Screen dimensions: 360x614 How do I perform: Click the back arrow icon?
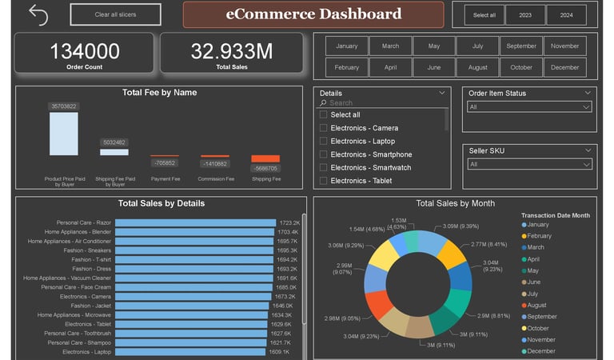click(x=38, y=14)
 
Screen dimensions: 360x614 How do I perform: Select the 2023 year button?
click(x=525, y=14)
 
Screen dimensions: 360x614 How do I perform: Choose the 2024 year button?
click(x=566, y=14)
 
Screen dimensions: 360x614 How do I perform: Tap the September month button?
click(x=521, y=46)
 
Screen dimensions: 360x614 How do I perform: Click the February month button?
click(x=347, y=67)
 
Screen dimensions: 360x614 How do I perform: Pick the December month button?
click(x=565, y=67)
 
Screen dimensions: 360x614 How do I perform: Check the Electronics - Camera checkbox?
click(x=323, y=128)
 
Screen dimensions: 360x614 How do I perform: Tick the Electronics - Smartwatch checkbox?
click(x=323, y=167)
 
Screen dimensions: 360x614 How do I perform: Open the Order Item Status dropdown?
click(x=529, y=106)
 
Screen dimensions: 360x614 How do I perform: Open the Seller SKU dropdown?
click(x=529, y=164)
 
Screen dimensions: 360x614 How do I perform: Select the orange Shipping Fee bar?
click(x=265, y=158)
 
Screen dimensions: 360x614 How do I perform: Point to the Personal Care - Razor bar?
click(x=165, y=222)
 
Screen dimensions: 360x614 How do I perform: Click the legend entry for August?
click(x=540, y=305)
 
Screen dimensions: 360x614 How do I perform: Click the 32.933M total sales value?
click(x=232, y=52)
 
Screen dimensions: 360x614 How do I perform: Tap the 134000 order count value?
click(x=85, y=52)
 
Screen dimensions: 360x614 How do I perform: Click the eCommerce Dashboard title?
click(x=313, y=14)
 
